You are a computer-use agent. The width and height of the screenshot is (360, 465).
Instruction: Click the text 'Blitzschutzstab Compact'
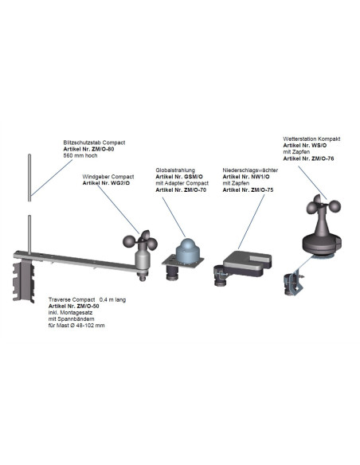(x=94, y=143)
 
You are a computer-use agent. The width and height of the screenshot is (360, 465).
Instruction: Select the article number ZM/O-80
(x=94, y=149)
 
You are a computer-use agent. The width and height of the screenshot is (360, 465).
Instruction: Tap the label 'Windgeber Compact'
(x=108, y=176)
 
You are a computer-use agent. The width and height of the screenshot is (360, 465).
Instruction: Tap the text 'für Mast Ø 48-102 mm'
(x=76, y=326)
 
